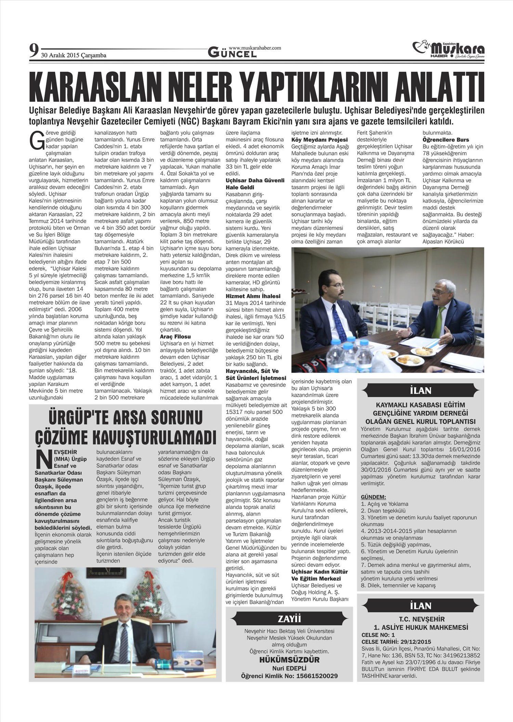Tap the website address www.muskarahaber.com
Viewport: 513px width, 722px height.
click(x=255, y=48)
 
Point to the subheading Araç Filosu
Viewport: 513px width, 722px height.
click(x=175, y=337)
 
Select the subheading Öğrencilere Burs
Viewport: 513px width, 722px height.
click(x=446, y=140)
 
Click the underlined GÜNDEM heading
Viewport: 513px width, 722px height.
click(x=373, y=497)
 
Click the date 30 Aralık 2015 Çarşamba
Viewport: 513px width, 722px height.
click(x=74, y=55)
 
